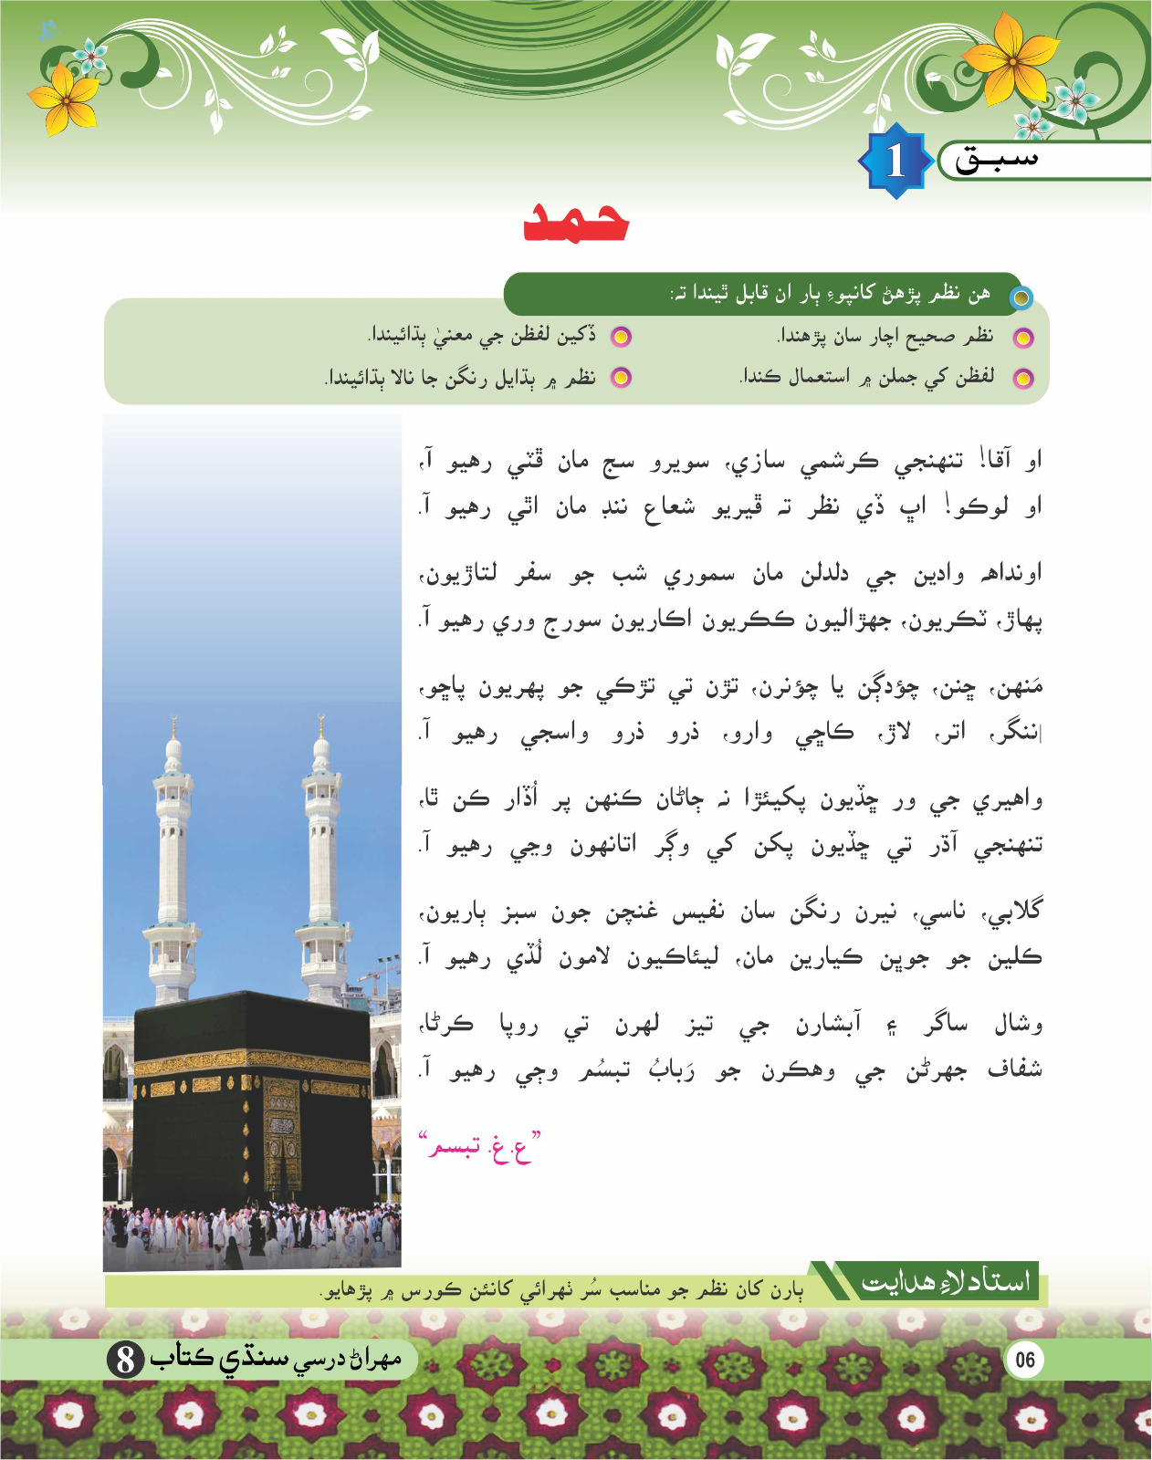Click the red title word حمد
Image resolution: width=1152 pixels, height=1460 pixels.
tap(576, 222)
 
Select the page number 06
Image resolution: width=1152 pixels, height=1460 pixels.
tap(1024, 1360)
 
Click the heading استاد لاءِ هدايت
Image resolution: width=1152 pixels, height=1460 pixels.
tap(945, 1282)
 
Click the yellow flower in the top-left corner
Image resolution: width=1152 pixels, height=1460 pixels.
tap(64, 99)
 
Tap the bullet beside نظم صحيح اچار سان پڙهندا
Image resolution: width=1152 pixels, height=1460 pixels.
tap(1023, 339)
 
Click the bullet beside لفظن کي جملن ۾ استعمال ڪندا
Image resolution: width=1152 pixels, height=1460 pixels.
tap(1023, 378)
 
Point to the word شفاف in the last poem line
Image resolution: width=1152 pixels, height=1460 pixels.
tap(1015, 1070)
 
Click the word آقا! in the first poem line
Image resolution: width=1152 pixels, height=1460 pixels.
tap(985, 461)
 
